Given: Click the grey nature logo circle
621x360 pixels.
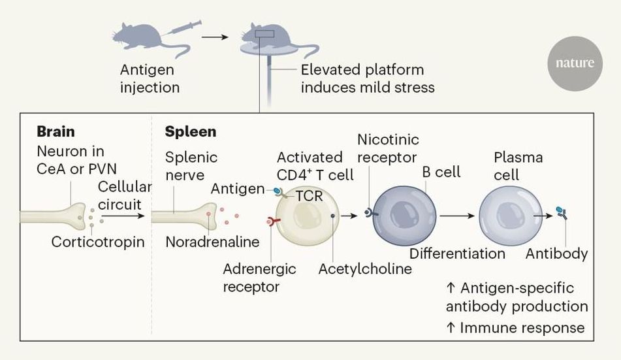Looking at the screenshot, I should [575, 63].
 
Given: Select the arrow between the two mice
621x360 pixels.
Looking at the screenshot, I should [215, 37].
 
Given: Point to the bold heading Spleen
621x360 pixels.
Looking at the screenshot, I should [191, 131].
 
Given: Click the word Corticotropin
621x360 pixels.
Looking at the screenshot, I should [98, 242].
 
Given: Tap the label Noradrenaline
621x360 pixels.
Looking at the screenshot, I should [212, 242].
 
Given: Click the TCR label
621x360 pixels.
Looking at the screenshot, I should [309, 195].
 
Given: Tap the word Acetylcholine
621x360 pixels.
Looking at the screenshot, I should [364, 269].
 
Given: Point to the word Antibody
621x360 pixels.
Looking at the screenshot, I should [556, 254].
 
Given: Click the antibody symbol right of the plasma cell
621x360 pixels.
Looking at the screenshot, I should [560, 213].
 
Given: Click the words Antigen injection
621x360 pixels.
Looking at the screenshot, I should [150, 78].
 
